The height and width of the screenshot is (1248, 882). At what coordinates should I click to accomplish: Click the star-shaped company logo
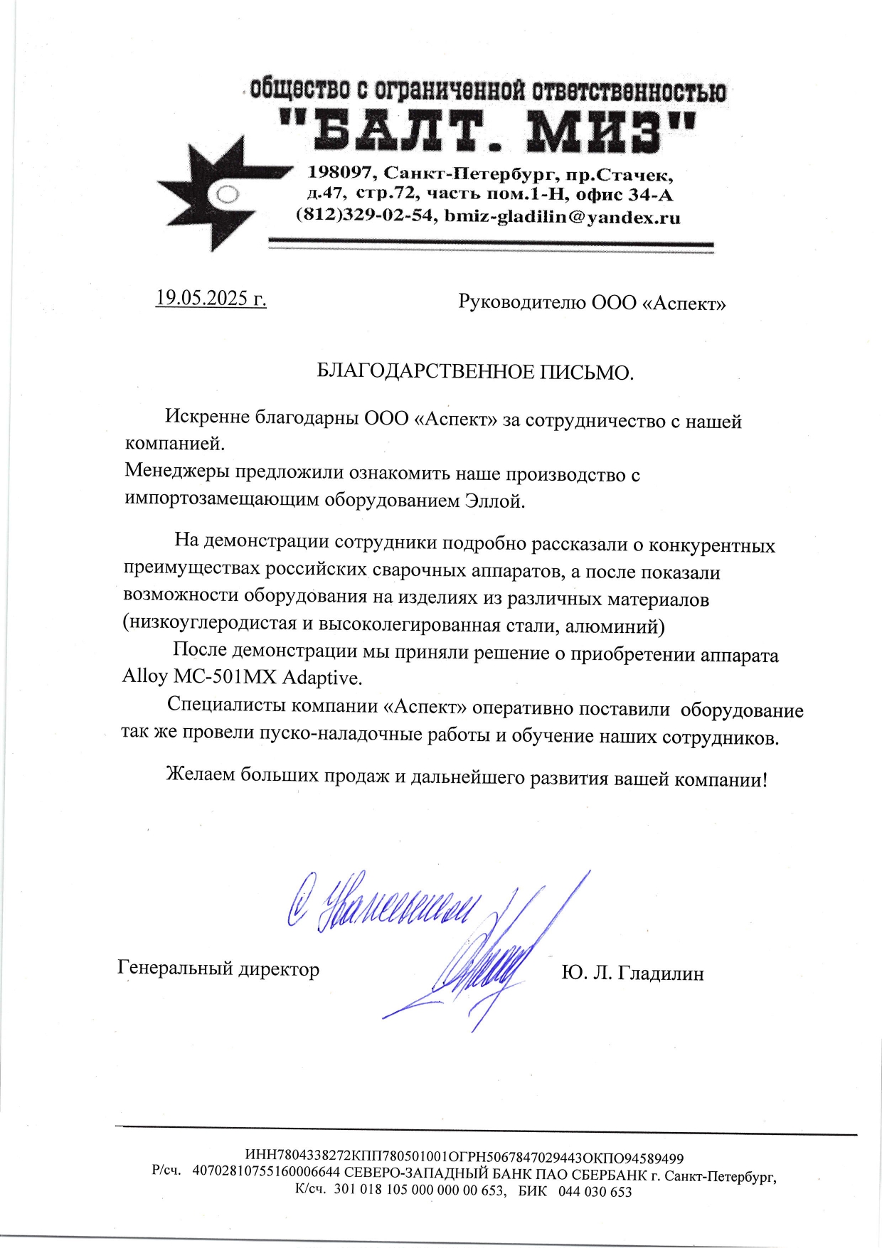(213, 193)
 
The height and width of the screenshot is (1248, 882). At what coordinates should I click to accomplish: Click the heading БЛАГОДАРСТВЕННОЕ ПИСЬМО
(474, 372)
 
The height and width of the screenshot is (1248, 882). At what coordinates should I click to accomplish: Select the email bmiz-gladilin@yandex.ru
(562, 217)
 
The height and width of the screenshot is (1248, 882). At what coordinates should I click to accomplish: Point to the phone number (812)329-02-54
(364, 215)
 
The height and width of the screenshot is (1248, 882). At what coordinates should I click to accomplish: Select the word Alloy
(144, 676)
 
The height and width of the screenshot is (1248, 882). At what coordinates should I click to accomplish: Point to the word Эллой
(494, 501)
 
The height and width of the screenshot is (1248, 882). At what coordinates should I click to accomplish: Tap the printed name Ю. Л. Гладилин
(632, 973)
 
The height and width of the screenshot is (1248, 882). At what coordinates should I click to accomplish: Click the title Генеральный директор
(218, 969)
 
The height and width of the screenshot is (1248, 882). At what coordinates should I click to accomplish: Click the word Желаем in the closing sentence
(200, 774)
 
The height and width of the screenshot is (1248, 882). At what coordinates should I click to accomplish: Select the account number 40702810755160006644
(267, 1174)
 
